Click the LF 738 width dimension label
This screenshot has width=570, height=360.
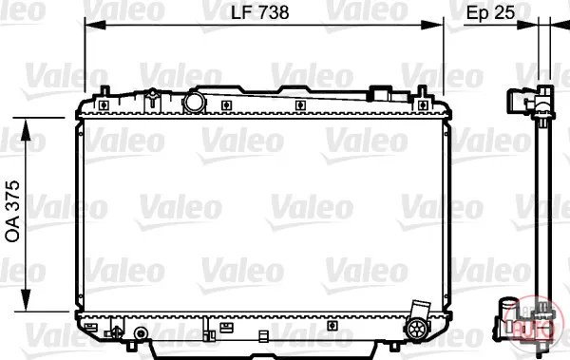pyautogui.click(x=260, y=12)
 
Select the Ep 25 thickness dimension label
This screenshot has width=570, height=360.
pyautogui.click(x=490, y=12)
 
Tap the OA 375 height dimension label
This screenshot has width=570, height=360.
pyautogui.click(x=12, y=211)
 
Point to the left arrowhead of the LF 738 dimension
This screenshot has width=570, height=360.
pyautogui.click(x=95, y=25)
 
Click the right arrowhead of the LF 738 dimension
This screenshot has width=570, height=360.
pyautogui.click(x=432, y=25)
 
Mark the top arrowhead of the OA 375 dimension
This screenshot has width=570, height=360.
pyautogui.click(x=26, y=129)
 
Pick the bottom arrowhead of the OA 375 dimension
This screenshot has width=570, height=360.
pyautogui.click(x=26, y=300)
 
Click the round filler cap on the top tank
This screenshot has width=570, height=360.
pyautogui.click(x=194, y=103)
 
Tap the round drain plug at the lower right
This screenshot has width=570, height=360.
pyautogui.click(x=417, y=329)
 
